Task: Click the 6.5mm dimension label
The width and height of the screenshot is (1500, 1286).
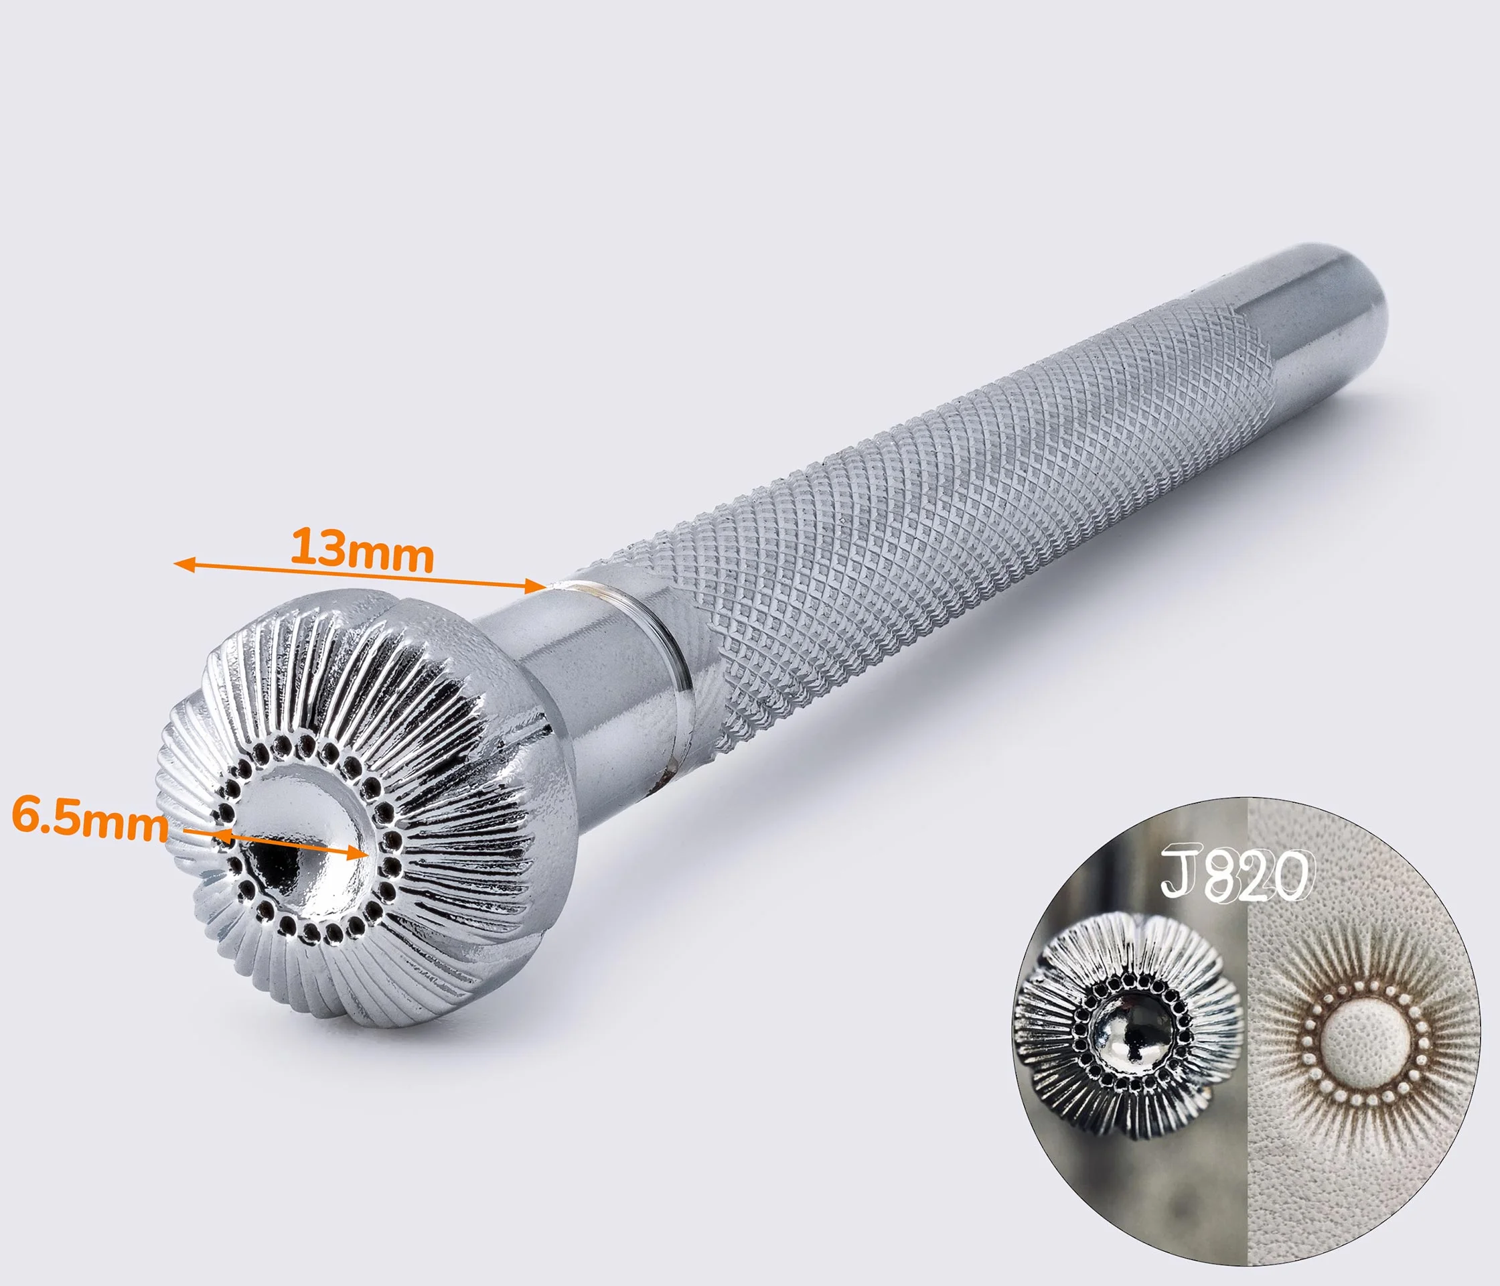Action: pyautogui.click(x=90, y=819)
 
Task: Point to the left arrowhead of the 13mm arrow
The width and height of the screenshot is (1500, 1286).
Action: pyautogui.click(x=184, y=564)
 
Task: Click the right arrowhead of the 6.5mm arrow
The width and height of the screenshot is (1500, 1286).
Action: pyautogui.click(x=359, y=854)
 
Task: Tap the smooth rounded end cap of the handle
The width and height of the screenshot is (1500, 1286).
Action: pyautogui.click(x=1329, y=340)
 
